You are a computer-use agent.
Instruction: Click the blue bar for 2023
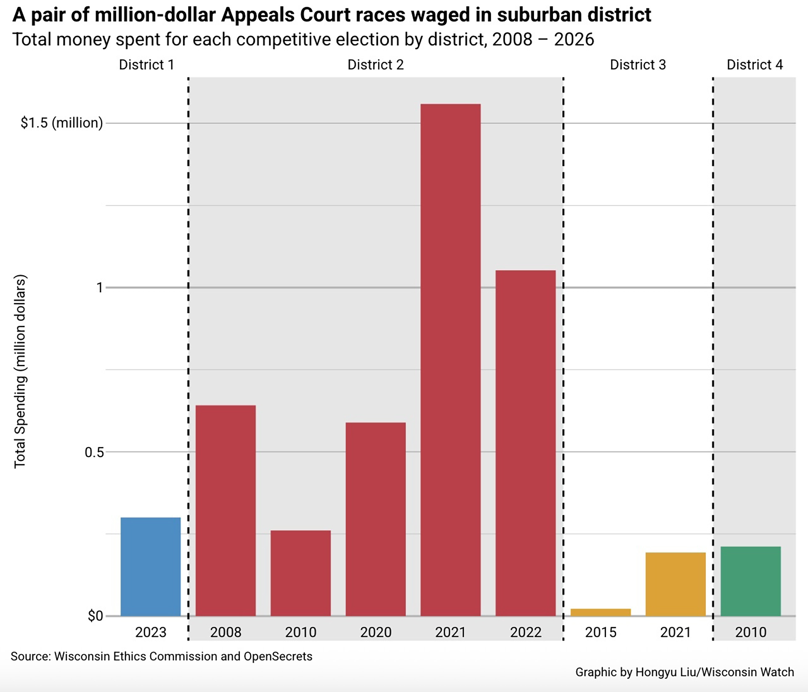tap(151, 567)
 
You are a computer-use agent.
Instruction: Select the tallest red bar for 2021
tap(450, 360)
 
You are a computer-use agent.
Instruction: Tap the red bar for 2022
tap(525, 443)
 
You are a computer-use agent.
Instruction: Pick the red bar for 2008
tap(226, 510)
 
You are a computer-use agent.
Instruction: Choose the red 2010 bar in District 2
tap(300, 573)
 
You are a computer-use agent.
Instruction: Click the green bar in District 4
tap(750, 581)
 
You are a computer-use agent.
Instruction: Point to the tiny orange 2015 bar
tap(601, 612)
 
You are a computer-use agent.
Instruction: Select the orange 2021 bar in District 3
tap(675, 584)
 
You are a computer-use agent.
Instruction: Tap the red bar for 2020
tap(375, 519)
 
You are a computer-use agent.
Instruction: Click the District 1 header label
tap(146, 65)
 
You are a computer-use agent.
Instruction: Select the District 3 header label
tap(638, 65)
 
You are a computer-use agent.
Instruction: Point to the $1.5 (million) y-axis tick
tap(62, 123)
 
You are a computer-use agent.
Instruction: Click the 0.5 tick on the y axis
tap(94, 452)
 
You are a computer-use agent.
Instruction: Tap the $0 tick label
tap(95, 616)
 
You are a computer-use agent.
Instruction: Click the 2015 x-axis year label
tap(601, 632)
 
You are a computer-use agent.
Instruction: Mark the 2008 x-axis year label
tap(226, 632)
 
